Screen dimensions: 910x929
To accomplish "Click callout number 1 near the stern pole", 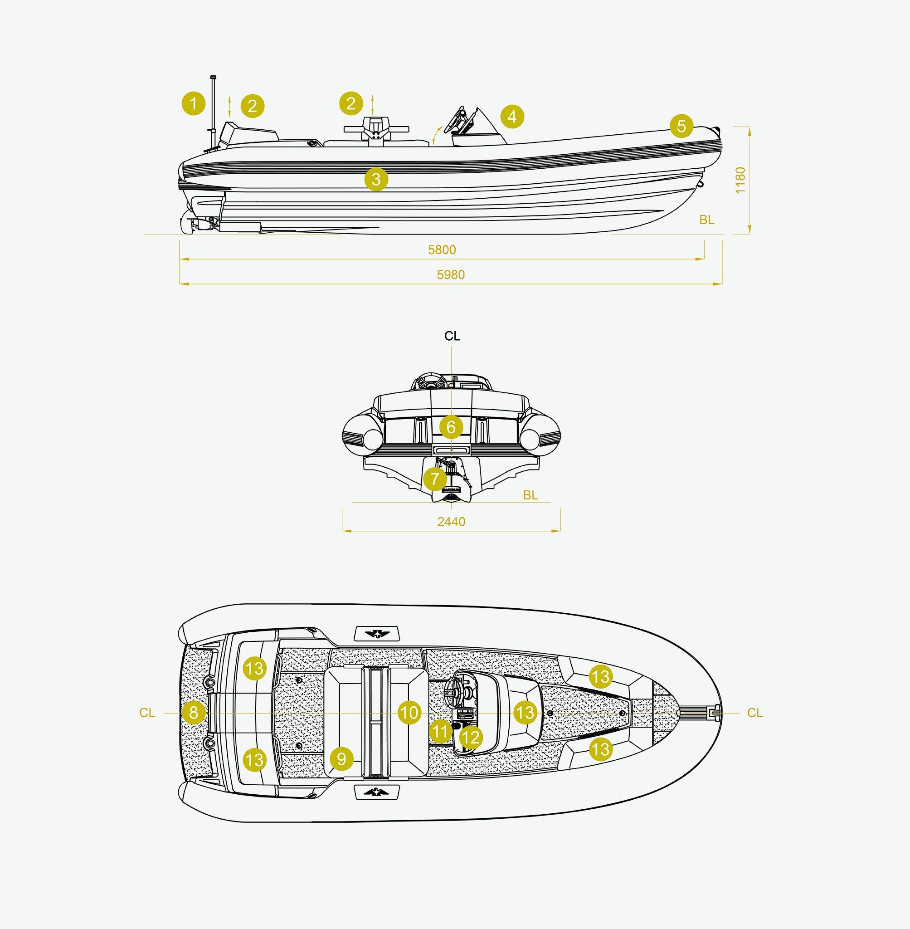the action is tap(194, 104).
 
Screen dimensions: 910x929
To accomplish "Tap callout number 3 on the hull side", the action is tap(376, 179).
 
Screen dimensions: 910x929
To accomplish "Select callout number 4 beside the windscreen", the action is tap(512, 116).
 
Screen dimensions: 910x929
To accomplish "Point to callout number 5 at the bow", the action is tap(681, 126).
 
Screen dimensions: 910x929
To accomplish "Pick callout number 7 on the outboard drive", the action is tap(434, 479).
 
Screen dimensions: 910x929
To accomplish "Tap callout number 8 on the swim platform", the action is tap(194, 713).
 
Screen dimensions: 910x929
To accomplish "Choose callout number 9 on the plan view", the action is tap(341, 759).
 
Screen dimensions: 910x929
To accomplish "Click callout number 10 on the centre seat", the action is tap(409, 713).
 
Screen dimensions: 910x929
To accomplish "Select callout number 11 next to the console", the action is tap(440, 731).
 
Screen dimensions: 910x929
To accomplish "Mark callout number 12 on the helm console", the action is tap(471, 737).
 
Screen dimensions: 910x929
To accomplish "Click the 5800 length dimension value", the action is tap(442, 249).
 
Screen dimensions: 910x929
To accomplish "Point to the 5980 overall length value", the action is tap(451, 274).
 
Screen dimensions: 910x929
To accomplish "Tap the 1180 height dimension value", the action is tap(740, 180).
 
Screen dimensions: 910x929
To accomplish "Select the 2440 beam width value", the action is tap(451, 521).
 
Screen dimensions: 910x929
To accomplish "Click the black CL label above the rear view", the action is tap(452, 336).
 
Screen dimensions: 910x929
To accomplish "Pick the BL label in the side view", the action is tap(707, 220).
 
